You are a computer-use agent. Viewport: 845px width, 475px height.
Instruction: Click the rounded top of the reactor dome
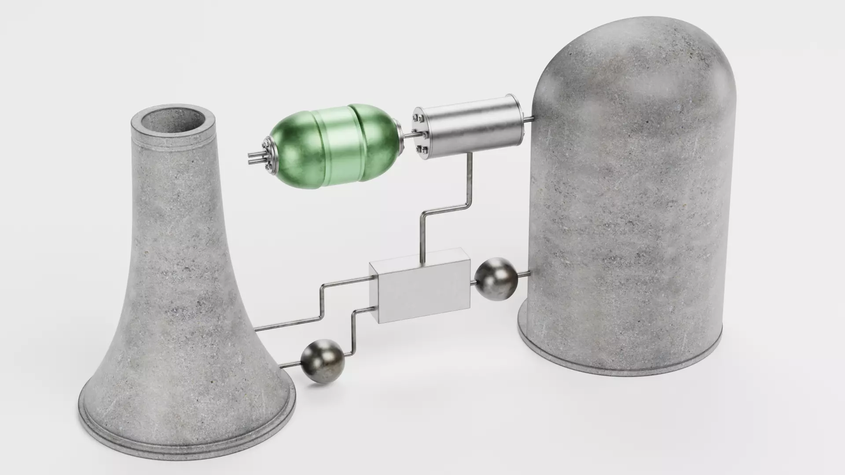634,57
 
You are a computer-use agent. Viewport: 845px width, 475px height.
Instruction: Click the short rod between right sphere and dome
524,275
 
